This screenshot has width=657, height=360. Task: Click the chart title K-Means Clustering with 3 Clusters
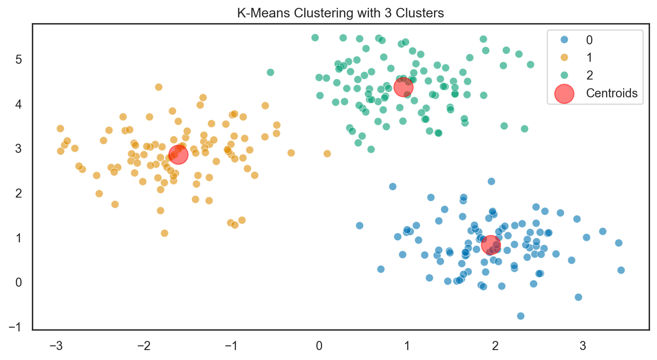[x=340, y=13]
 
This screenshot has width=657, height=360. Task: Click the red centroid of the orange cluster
[x=179, y=155]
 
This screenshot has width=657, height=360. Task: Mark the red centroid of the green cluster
[x=403, y=87]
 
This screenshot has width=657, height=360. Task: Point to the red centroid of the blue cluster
[x=491, y=245]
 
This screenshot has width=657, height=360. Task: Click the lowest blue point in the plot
[x=521, y=316]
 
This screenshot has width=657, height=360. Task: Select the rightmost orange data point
[x=327, y=154]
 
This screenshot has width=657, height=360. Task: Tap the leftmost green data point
[x=270, y=72]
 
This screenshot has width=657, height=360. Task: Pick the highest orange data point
[x=158, y=87]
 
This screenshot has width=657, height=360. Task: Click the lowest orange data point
[x=165, y=233]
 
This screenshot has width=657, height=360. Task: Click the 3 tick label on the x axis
[x=583, y=346]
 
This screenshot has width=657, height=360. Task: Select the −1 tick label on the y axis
[x=15, y=327]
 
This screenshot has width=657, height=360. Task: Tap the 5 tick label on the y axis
[x=19, y=59]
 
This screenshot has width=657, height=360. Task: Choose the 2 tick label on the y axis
[x=19, y=193]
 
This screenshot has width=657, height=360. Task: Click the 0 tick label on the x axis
[x=319, y=346]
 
